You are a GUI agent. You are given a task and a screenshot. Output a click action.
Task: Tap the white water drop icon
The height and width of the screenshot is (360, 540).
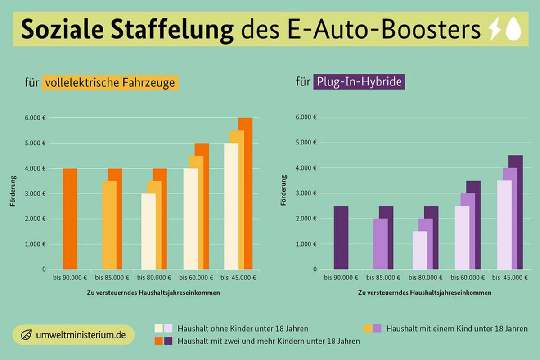coord(513,30)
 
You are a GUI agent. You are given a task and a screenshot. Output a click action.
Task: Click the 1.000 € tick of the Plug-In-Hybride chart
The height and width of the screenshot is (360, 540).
coord(307,244)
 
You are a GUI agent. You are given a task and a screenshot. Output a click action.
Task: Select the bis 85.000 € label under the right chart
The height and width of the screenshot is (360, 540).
coord(383,278)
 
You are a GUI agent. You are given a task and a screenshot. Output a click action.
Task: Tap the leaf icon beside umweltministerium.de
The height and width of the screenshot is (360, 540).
coord(27,335)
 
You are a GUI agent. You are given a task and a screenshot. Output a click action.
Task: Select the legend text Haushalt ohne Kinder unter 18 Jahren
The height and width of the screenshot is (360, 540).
coord(243,328)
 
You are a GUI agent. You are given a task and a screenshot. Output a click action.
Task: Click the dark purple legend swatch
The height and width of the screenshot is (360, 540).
coord(168,341)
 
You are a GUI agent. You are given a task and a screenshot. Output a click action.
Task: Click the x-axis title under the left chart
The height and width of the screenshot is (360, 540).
coord(153,292)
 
